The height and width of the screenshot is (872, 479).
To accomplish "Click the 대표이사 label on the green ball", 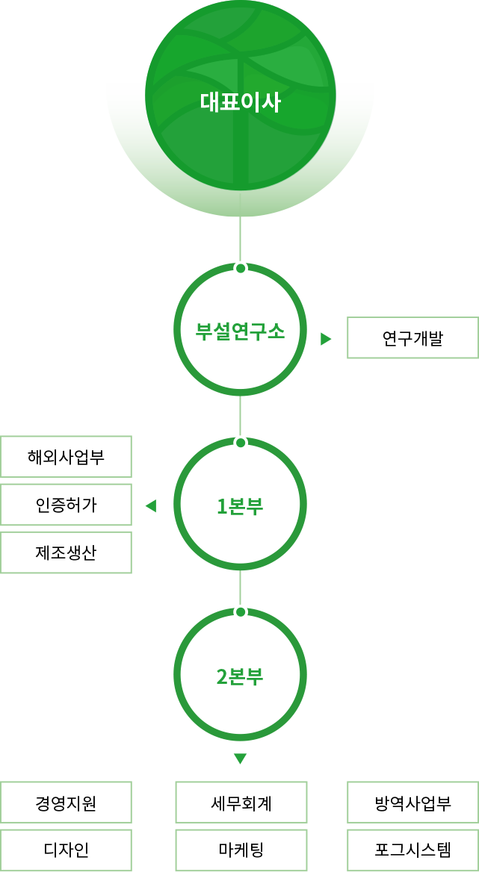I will click(x=240, y=102).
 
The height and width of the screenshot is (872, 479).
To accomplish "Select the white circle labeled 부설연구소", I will click(x=240, y=330).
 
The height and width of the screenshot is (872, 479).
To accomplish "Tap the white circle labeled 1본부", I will click(x=240, y=505).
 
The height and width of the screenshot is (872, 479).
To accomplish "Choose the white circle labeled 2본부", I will click(x=240, y=676).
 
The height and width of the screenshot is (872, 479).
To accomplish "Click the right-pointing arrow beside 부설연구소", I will click(x=326, y=339).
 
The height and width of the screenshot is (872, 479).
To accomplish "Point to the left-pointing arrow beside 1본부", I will click(x=151, y=506).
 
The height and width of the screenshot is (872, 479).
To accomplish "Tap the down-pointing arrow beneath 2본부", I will click(x=240, y=759).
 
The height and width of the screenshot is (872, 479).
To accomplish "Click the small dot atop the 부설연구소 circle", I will click(x=240, y=267).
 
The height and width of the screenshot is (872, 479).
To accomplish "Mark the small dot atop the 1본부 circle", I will click(x=240, y=443).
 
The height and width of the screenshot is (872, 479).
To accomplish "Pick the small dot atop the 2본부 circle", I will click(x=240, y=611).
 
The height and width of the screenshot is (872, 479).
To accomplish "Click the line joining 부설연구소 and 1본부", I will click(x=240, y=415).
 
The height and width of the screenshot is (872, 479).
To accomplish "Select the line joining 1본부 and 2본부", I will click(x=240, y=588).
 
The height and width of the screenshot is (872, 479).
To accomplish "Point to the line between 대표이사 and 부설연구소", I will click(x=240, y=239).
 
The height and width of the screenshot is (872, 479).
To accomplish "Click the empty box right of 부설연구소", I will click(x=412, y=337).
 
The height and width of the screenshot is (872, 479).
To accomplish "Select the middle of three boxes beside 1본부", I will click(x=66, y=505).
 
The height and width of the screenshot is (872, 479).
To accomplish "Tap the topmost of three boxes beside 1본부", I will click(x=66, y=456).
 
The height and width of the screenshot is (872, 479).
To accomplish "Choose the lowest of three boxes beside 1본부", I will click(x=66, y=552).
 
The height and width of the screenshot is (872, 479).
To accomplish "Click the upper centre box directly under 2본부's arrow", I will click(x=241, y=802).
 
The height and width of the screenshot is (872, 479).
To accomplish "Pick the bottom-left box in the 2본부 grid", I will click(x=66, y=850).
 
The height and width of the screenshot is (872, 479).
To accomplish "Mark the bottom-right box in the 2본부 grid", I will click(x=412, y=850).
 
